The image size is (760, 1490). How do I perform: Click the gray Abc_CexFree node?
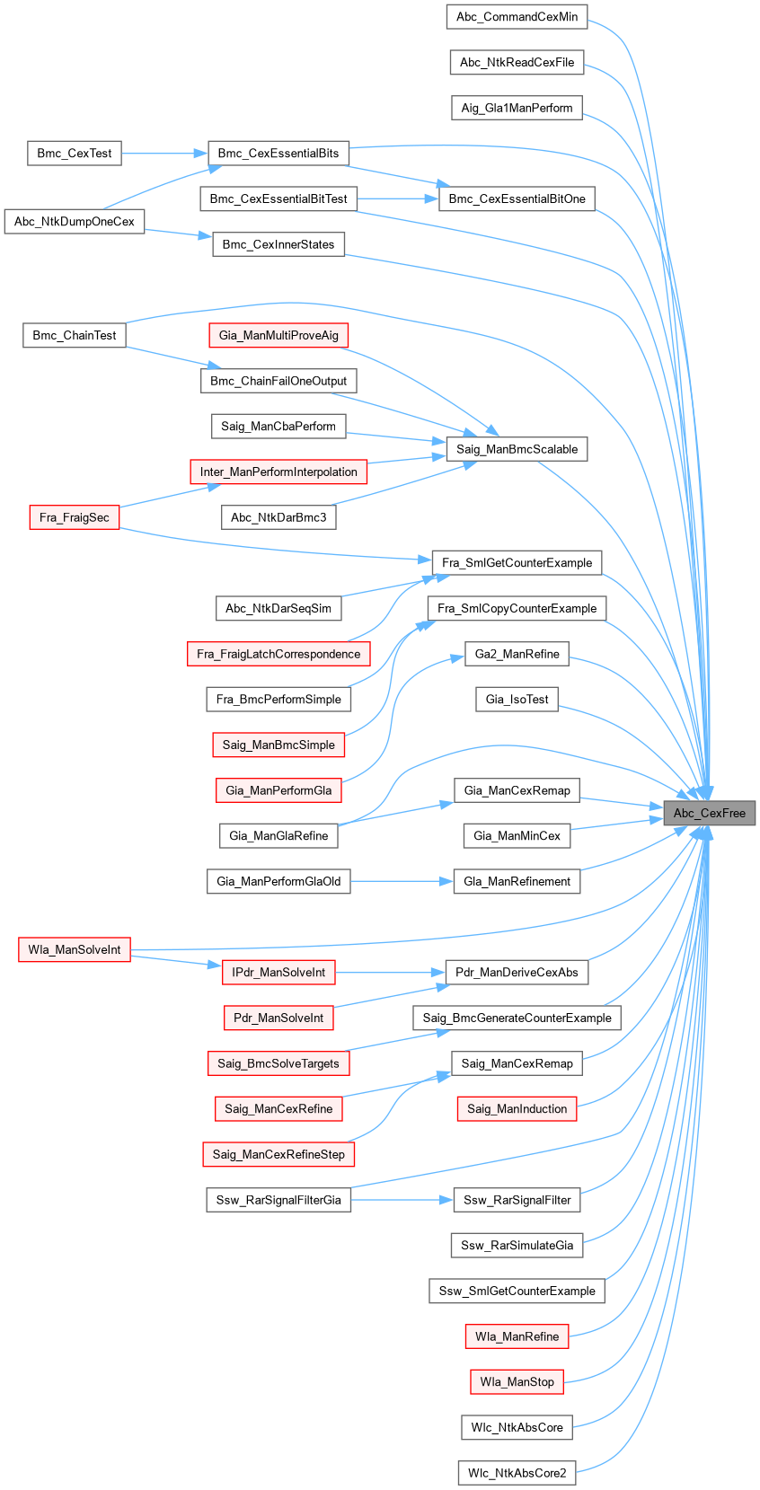pyautogui.click(x=709, y=813)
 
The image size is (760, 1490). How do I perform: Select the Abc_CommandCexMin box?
pyautogui.click(x=517, y=16)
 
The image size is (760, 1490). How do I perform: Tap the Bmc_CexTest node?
pyautogui.click(x=75, y=153)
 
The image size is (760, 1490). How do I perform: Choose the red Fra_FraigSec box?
pyautogui.click(x=75, y=517)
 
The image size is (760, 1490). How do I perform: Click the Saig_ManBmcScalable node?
pyautogui.click(x=517, y=449)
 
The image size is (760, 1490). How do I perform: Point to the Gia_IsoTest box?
pyautogui.click(x=517, y=699)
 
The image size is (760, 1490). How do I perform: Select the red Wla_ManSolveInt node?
pyautogui.click(x=75, y=949)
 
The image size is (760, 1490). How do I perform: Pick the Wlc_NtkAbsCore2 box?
pyautogui.click(x=517, y=1473)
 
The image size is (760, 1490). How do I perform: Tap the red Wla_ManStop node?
pyautogui.click(x=517, y=1381)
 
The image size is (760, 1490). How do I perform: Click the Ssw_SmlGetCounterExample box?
pyautogui.click(x=517, y=1291)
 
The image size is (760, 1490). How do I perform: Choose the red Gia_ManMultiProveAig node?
pyautogui.click(x=278, y=335)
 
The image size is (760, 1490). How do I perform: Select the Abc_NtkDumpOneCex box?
pyautogui.click(x=75, y=221)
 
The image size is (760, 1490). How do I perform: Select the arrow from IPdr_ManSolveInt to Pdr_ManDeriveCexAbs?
pyautogui.click(x=391, y=972)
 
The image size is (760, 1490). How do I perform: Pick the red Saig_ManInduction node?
pyautogui.click(x=517, y=1108)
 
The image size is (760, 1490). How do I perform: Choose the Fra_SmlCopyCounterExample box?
pyautogui.click(x=517, y=608)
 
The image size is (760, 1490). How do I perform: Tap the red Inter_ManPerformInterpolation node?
pyautogui.click(x=278, y=472)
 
